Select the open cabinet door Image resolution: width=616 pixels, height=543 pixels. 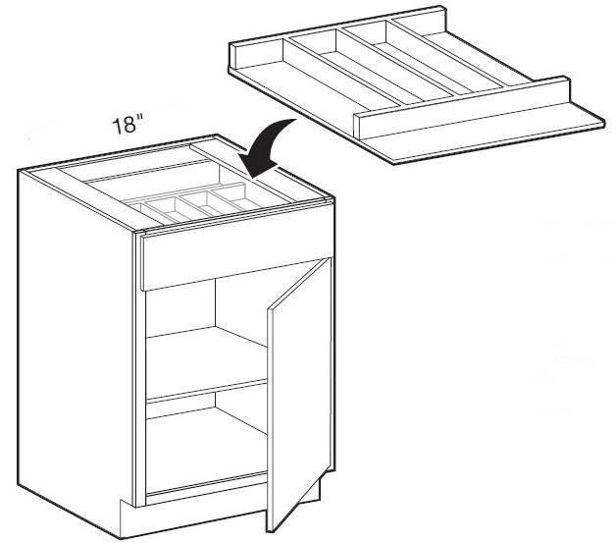(299, 393)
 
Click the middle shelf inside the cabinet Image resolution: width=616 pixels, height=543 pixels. (206, 361)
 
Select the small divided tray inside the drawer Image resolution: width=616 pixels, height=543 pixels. (192, 204)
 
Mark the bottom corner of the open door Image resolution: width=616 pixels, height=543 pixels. (269, 532)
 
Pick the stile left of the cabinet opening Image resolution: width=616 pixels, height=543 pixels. (140, 369)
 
